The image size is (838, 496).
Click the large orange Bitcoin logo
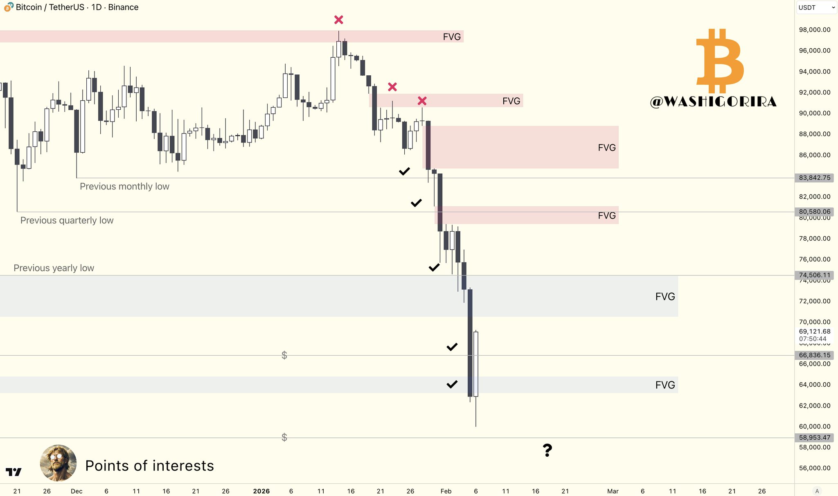pyautogui.click(x=720, y=61)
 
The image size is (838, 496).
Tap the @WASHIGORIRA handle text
pyautogui.click(x=713, y=102)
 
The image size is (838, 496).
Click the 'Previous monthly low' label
pyautogui.click(x=124, y=187)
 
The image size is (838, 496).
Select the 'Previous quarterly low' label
pyautogui.click(x=67, y=221)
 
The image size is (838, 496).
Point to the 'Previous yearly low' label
pyautogui.click(x=54, y=268)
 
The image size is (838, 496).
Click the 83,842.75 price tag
pyautogui.click(x=814, y=178)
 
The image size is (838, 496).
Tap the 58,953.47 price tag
pyautogui.click(x=814, y=438)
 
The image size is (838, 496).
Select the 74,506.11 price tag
pyautogui.click(x=814, y=275)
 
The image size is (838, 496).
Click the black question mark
pyautogui.click(x=547, y=450)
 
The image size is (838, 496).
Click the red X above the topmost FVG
pyautogui.click(x=338, y=20)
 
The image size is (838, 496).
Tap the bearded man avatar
pyautogui.click(x=58, y=463)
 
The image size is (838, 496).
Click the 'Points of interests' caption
pyautogui.click(x=149, y=466)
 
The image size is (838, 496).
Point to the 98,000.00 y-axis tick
pyautogui.click(x=814, y=30)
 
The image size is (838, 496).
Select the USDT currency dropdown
pyautogui.click(x=816, y=7)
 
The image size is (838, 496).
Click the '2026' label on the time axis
pyautogui.click(x=261, y=491)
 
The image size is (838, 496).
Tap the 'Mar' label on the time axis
pyautogui.click(x=613, y=491)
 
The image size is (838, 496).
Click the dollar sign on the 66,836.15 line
pyautogui.click(x=284, y=355)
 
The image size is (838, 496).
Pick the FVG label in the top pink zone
pyautogui.click(x=452, y=37)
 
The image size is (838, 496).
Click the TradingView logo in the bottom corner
pyautogui.click(x=14, y=472)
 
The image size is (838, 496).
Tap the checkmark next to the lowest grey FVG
pyautogui.click(x=452, y=384)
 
